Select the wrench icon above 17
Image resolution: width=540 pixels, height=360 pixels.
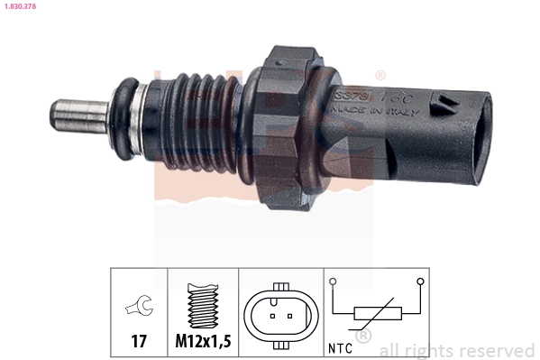point(139,308)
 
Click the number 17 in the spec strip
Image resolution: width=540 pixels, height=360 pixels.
point(139,342)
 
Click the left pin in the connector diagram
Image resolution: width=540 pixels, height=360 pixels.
point(273,317)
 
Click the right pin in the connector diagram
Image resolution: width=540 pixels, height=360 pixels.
point(288,317)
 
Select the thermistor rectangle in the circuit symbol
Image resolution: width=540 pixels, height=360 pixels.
point(376,314)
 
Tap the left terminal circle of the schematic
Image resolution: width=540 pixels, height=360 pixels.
point(333,282)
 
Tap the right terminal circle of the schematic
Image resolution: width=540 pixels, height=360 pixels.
point(420,282)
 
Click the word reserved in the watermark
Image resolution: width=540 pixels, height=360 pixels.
point(499,350)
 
